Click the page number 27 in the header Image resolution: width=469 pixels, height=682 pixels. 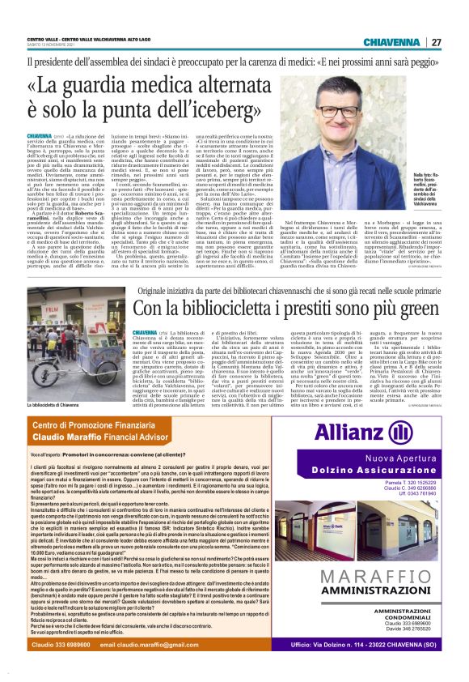click(436, 42)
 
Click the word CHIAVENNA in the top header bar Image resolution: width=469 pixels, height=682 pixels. click(391, 42)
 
